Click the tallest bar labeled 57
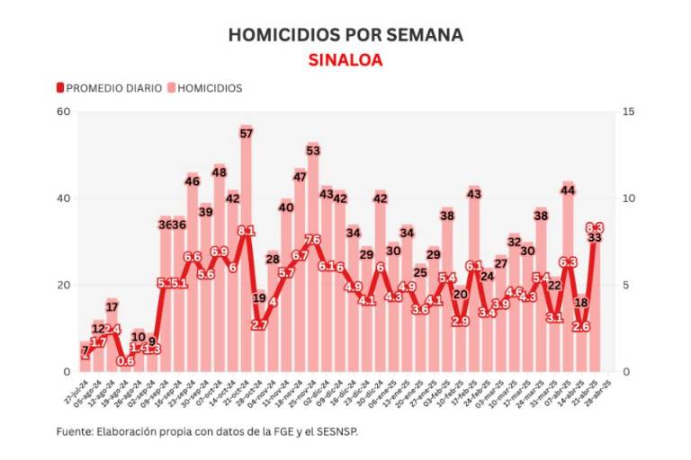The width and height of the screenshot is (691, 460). click(x=246, y=252)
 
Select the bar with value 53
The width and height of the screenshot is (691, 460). click(x=313, y=261)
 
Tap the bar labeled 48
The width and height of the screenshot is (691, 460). click(x=219, y=270)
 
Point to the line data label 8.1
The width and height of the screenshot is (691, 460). click(x=246, y=231)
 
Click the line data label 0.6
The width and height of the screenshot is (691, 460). click(x=125, y=361)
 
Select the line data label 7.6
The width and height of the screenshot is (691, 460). click(x=313, y=240)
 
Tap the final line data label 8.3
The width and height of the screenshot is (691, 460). click(x=595, y=228)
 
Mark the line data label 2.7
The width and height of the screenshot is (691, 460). click(x=259, y=324)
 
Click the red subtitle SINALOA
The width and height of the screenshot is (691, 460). click(x=345, y=60)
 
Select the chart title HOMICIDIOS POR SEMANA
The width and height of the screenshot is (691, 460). click(x=345, y=35)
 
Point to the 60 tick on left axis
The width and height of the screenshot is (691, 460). click(x=64, y=111)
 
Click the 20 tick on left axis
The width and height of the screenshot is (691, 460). click(x=64, y=286)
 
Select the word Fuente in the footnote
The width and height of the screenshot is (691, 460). click(x=75, y=432)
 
